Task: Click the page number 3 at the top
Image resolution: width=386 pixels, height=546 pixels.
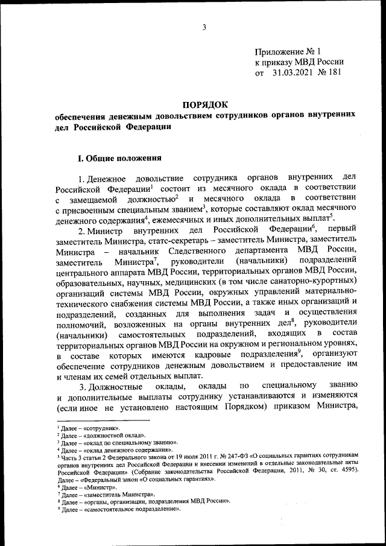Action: click(x=204, y=27)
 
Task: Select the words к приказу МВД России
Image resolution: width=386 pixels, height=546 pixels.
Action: click(x=299, y=62)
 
